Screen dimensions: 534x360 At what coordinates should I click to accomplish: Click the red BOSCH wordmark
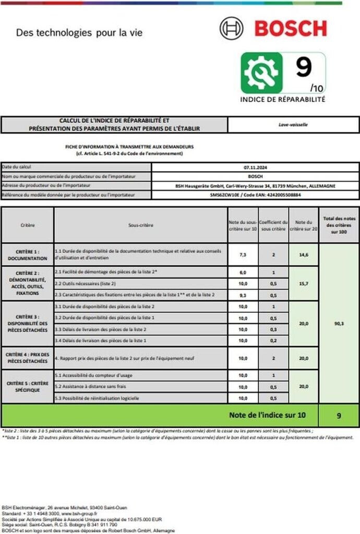[x=291, y=28]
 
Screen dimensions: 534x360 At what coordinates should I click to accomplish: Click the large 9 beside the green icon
[x=304, y=67]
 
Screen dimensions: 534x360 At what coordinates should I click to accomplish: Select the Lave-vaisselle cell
[x=293, y=125]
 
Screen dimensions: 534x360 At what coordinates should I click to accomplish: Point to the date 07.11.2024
[x=255, y=167]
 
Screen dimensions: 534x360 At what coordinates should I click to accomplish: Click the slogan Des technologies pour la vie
[x=79, y=33]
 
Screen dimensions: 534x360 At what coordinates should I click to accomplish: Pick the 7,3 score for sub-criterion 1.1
[x=243, y=255]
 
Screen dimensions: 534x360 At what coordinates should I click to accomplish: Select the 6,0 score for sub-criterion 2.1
[x=243, y=273]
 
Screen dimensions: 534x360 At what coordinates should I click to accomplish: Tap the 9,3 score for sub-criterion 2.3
[x=243, y=295]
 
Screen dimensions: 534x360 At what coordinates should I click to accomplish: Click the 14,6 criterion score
[x=303, y=255]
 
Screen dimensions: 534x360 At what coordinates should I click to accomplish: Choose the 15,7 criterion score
[x=303, y=284]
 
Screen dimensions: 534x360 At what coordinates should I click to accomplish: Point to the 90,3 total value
[x=339, y=323]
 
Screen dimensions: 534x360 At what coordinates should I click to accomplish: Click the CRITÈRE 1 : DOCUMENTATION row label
[x=28, y=255]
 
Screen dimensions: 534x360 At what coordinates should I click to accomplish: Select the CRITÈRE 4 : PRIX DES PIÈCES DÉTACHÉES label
[x=28, y=358]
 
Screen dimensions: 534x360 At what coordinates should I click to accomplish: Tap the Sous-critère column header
[x=140, y=225]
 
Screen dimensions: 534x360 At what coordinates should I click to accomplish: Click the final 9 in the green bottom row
[x=339, y=416]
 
